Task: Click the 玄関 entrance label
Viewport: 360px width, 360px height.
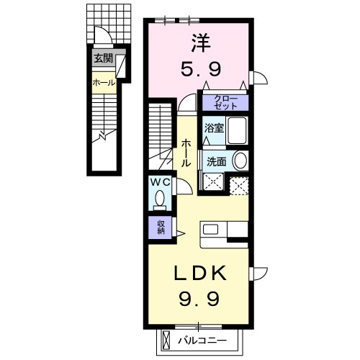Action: point(103,58)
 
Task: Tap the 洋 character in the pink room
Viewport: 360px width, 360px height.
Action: point(201,43)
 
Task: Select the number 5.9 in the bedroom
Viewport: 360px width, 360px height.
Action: point(201,68)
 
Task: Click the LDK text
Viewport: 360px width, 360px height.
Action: point(199,273)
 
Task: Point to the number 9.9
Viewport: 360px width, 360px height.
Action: point(199,299)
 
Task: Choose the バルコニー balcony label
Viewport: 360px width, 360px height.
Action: point(202,341)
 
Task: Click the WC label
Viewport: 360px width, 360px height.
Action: point(161,183)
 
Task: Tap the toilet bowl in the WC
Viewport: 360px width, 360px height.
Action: point(160,200)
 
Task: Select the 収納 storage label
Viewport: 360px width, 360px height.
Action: point(161,227)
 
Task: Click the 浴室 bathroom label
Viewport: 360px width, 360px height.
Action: point(214,128)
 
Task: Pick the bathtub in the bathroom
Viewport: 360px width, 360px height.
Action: point(237,130)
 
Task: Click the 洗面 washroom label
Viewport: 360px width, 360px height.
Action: point(217,162)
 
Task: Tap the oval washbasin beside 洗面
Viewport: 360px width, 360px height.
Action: point(240,161)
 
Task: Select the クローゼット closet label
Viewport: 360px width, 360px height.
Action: point(225,102)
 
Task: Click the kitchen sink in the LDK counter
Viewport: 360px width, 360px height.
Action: point(210,229)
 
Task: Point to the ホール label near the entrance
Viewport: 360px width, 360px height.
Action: point(104,83)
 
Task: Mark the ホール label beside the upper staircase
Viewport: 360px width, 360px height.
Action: point(186,153)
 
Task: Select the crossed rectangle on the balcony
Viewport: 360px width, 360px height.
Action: point(166,341)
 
